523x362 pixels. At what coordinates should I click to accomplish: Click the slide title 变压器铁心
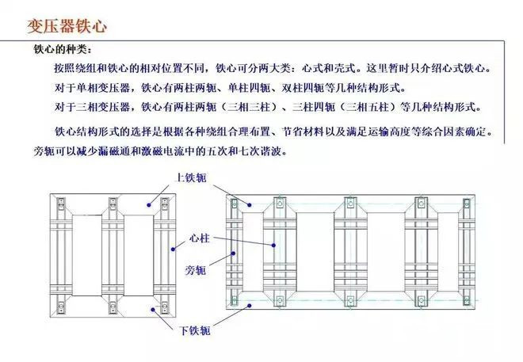point(67,26)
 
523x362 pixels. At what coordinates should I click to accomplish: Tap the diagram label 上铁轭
point(192,177)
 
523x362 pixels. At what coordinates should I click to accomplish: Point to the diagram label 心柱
point(200,238)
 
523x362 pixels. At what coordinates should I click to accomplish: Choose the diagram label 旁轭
point(196,270)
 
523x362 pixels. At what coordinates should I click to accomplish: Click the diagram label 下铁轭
point(195,330)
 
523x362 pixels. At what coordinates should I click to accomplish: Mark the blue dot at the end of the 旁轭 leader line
point(234,253)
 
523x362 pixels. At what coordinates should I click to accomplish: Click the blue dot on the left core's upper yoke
point(149,205)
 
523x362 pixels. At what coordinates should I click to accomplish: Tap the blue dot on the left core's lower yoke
point(153,310)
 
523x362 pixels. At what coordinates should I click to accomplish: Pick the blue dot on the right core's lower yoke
point(250,305)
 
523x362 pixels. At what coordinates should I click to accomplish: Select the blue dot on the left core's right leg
point(173,250)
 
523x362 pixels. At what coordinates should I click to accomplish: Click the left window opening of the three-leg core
point(87,255)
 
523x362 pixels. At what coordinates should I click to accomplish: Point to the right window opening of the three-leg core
point(139,255)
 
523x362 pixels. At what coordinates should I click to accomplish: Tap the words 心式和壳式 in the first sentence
point(328,68)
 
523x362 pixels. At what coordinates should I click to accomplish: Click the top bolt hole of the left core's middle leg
point(113,202)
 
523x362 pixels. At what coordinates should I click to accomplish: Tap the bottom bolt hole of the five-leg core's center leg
point(350,301)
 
